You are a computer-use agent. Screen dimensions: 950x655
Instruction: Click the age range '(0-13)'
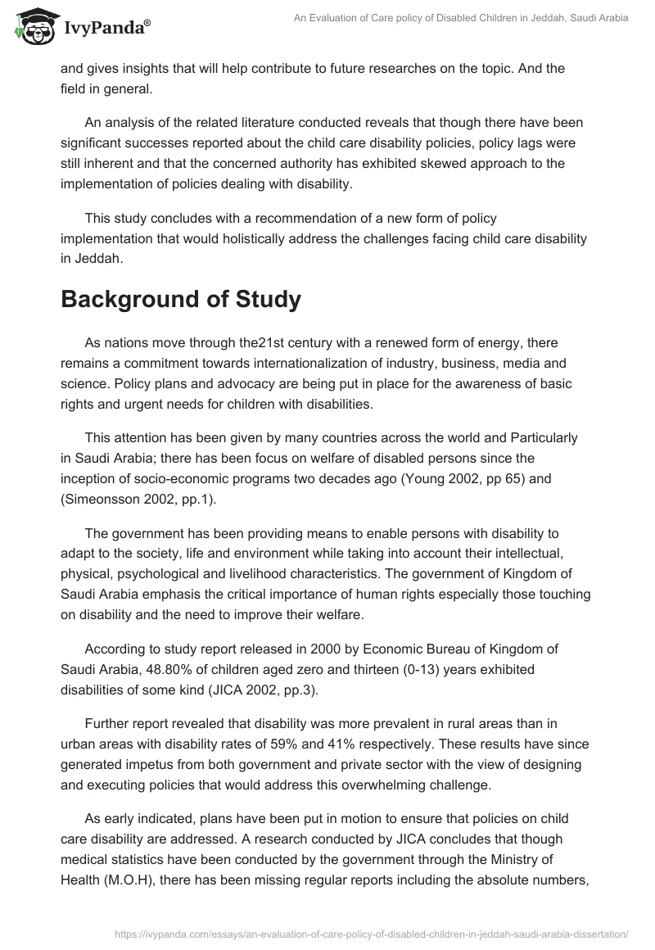point(376,669)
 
